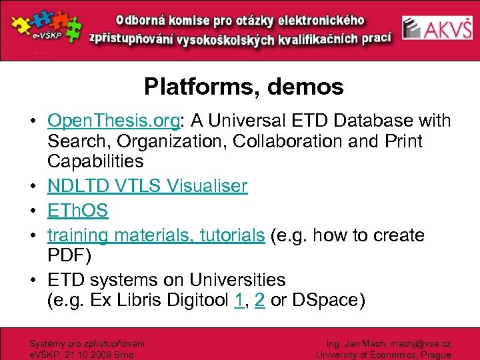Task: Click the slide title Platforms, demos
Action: (243, 87)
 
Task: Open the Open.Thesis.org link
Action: (113, 121)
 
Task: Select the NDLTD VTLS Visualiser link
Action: (147, 186)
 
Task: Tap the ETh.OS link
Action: (77, 211)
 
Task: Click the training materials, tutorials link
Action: (156, 235)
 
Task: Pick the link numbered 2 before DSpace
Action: (259, 301)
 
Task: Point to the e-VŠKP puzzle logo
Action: (43, 28)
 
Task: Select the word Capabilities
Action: (95, 161)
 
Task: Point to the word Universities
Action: (237, 280)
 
